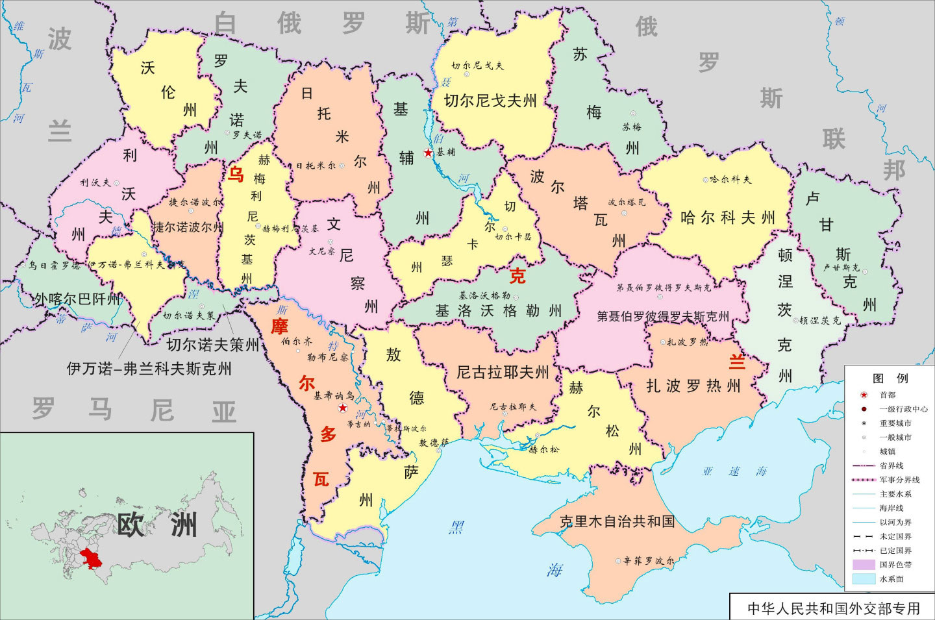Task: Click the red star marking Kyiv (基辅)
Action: tap(428, 153)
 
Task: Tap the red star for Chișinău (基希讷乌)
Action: tap(343, 408)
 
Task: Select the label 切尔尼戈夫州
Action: tap(490, 101)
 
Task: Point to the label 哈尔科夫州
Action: tap(727, 218)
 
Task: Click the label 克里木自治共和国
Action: tap(617, 521)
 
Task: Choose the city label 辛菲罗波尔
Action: tap(648, 560)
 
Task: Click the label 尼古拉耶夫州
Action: tap(503, 372)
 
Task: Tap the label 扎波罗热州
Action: tap(693, 386)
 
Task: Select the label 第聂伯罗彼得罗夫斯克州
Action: tap(663, 316)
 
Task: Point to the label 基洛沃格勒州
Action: tap(499, 311)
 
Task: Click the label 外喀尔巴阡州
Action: tap(77, 299)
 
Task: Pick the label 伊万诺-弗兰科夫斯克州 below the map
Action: tap(149, 369)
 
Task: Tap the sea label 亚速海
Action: tap(734, 471)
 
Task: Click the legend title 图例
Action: tap(890, 378)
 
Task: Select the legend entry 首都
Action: tap(887, 395)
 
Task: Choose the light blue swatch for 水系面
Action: tap(864, 578)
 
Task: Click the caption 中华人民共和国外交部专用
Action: tap(834, 608)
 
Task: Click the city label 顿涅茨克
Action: tap(820, 320)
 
